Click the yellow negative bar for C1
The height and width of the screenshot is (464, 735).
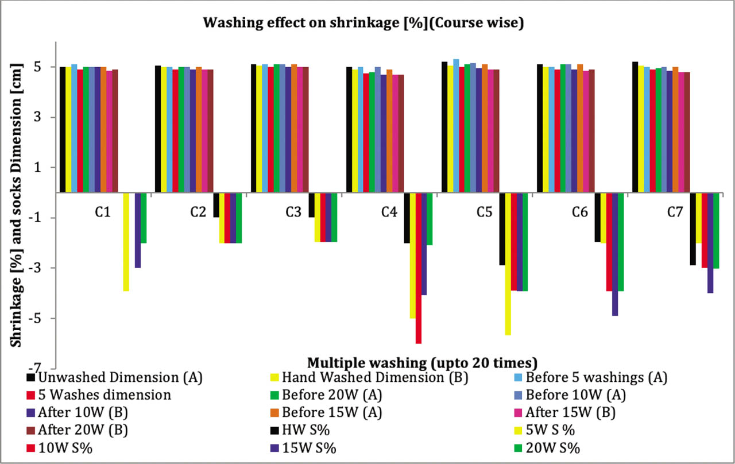(x=126, y=242)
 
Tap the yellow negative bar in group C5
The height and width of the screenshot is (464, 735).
(x=508, y=264)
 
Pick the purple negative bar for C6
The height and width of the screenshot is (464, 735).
(x=614, y=254)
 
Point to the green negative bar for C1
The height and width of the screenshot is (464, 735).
(x=144, y=218)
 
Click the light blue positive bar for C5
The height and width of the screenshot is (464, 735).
(x=456, y=126)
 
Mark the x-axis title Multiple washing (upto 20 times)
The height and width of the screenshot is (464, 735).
(x=422, y=362)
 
